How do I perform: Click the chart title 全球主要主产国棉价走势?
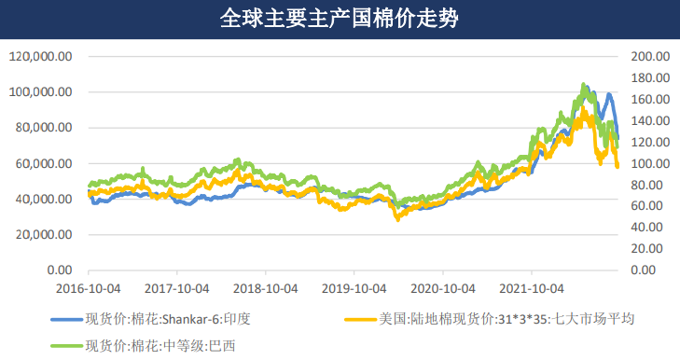[339, 18]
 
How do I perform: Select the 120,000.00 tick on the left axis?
[41, 56]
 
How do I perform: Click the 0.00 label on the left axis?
[58, 270]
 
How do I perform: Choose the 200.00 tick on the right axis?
[650, 56]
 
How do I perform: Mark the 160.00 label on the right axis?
[650, 99]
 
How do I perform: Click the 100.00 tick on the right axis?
[650, 163]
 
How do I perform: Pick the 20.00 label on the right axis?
[653, 249]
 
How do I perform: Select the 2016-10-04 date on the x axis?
[89, 288]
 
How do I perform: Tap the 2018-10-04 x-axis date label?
[265, 288]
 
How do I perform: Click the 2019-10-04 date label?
[354, 288]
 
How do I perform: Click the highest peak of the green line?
[584, 84]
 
